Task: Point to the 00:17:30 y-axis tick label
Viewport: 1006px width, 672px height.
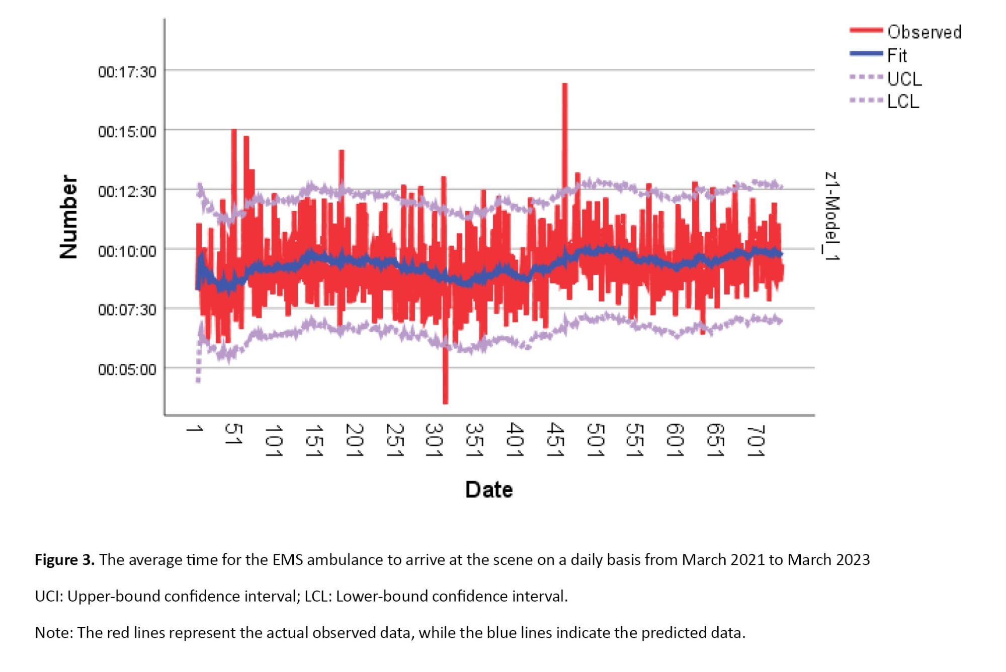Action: click(x=127, y=72)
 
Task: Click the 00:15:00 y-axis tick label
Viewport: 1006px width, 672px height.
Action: click(x=127, y=132)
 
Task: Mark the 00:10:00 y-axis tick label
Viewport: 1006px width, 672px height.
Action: click(x=127, y=251)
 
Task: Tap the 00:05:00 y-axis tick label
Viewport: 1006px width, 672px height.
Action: click(x=127, y=370)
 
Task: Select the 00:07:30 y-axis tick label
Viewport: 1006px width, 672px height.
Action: click(x=127, y=310)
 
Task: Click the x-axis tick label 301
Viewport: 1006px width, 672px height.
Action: click(x=434, y=440)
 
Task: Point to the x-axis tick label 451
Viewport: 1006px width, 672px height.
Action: click(x=555, y=440)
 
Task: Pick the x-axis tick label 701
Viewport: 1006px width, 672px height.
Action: click(x=756, y=441)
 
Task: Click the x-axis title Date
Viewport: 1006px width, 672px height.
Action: click(x=489, y=490)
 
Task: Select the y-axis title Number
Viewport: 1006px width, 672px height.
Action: click(x=69, y=217)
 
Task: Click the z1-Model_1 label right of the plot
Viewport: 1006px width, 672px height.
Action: click(x=832, y=216)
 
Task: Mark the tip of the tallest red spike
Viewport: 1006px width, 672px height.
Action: click(x=565, y=84)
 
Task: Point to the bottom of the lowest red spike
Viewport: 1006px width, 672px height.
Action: click(x=445, y=403)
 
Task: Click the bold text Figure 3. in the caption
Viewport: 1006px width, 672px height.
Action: click(x=64, y=559)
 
